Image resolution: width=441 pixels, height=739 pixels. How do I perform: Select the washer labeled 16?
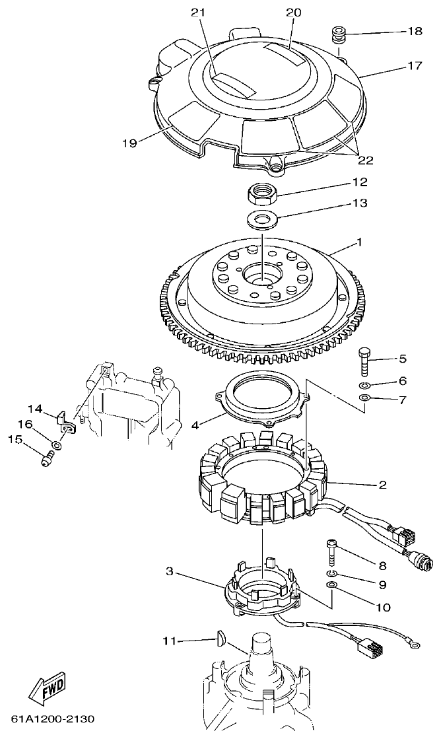point(57,446)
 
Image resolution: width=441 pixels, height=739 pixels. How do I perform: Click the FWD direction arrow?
point(46,689)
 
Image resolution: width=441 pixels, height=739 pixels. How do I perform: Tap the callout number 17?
point(414,65)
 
